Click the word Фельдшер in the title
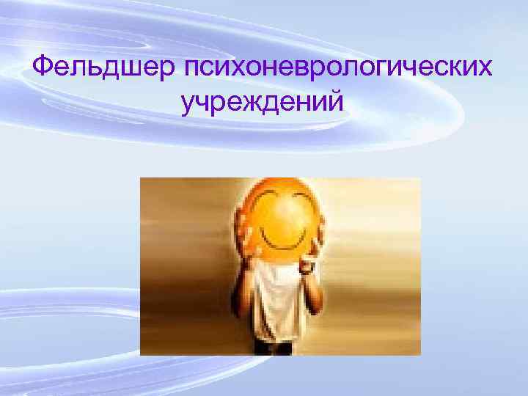pos(103,68)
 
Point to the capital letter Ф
pos(45,67)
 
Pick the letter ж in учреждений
pos(254,106)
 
